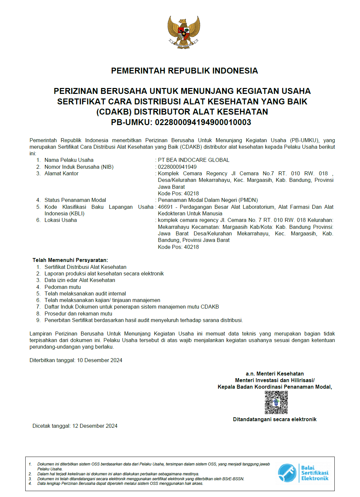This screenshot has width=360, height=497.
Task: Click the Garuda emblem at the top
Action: click(184, 32)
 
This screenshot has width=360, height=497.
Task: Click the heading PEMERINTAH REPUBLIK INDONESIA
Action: click(184, 71)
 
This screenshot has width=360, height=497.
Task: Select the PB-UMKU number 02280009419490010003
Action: click(203, 122)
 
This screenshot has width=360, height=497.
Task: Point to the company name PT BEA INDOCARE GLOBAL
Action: click(193, 160)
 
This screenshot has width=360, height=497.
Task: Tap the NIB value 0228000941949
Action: click(177, 167)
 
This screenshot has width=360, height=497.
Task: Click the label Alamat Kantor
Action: click(61, 173)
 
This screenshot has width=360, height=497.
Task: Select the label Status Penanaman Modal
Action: click(75, 200)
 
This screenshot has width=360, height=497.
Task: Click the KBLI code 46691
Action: click(165, 207)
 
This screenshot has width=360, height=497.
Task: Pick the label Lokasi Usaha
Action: click(61, 220)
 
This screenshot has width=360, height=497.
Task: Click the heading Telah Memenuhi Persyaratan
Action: click(70, 260)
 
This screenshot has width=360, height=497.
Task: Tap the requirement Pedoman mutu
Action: click(63, 287)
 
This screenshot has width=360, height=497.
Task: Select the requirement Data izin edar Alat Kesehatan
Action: click(80, 280)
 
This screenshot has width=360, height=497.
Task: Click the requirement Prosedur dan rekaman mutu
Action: click(79, 313)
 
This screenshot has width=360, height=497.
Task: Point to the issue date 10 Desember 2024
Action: click(100, 360)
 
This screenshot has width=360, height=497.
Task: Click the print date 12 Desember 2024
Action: click(95, 426)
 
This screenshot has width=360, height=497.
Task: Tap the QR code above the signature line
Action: click(276, 402)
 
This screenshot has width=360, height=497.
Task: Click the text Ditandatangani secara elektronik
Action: click(275, 419)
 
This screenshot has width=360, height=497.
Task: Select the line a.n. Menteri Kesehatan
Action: click(275, 374)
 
